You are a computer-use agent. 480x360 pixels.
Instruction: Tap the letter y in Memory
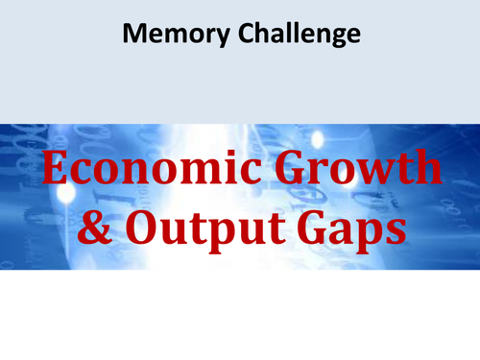[210, 39]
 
